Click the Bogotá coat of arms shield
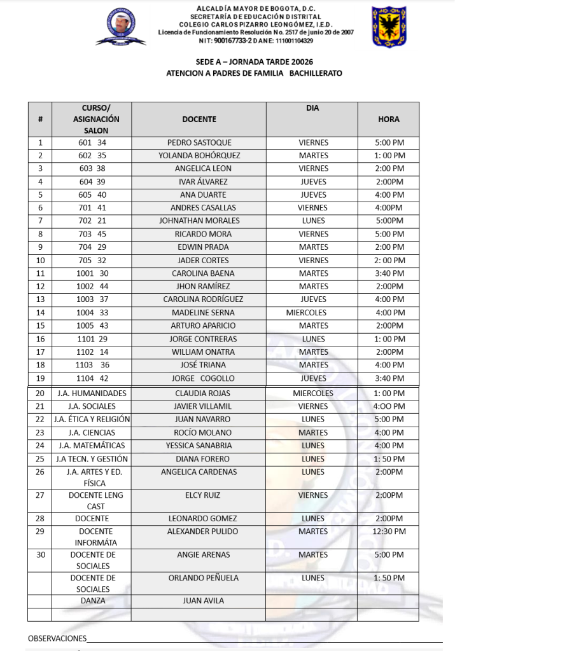(389, 27)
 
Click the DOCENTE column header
(199, 119)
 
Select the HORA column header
(388, 119)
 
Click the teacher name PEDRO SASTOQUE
(199, 142)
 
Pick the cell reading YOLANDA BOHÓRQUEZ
(199, 156)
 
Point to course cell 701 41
(92, 208)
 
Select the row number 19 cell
(40, 378)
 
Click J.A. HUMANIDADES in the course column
(92, 394)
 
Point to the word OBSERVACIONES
(57, 638)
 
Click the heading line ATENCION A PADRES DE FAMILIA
(254, 74)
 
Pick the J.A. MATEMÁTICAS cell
(92, 446)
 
